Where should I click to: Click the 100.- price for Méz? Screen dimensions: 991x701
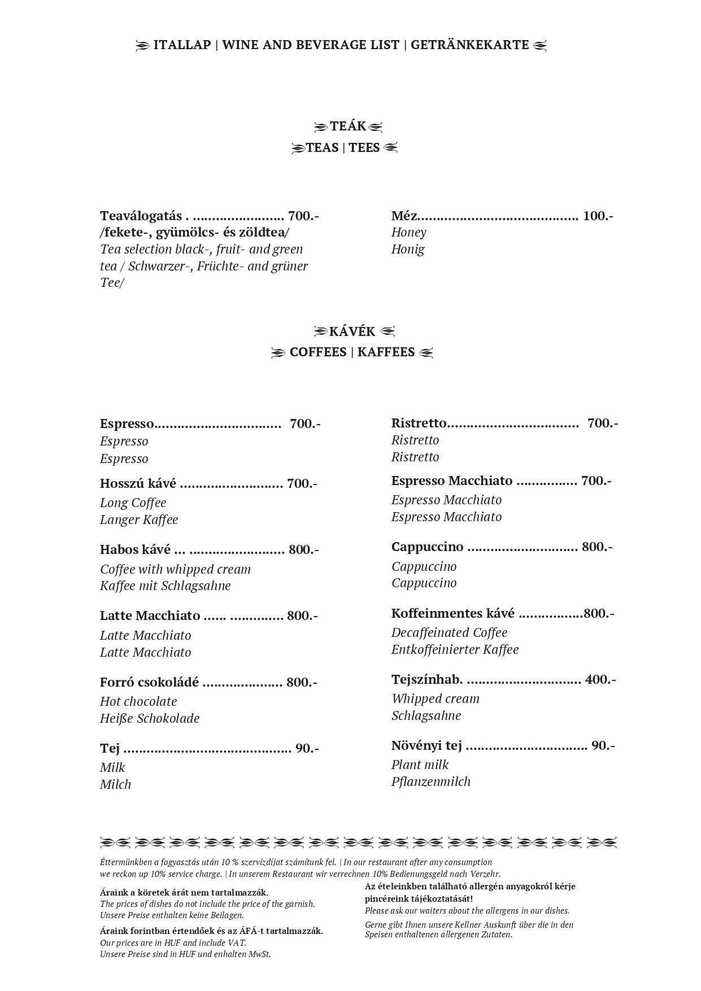598,216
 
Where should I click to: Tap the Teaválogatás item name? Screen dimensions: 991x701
141,216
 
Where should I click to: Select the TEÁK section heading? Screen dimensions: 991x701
349,126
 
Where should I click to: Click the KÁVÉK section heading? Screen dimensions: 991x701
352,331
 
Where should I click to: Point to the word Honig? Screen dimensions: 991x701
408,249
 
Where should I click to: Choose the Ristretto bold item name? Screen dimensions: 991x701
419,423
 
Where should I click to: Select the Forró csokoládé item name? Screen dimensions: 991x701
149,682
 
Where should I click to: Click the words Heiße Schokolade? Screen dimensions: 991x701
150,718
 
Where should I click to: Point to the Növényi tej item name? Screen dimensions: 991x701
426,745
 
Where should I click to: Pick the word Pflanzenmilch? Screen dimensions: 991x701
430,782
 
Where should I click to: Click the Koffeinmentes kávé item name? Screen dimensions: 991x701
452,613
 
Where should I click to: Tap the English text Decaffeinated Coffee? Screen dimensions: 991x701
449,632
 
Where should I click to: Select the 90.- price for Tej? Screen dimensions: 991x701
307,748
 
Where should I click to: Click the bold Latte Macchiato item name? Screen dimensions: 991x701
150,615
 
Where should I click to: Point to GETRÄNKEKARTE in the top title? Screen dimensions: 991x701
469,45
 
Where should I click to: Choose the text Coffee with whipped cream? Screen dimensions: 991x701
175,569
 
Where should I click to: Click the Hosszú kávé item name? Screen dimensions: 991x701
138,483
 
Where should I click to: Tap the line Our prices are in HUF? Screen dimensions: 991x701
173,942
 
